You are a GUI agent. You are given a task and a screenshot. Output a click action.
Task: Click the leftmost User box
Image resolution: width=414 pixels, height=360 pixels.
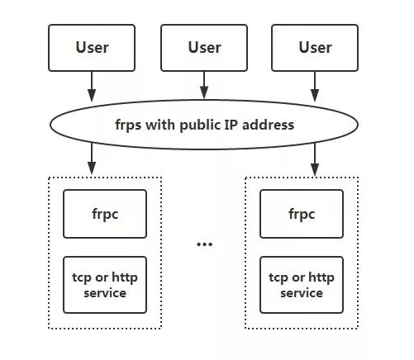point(92,48)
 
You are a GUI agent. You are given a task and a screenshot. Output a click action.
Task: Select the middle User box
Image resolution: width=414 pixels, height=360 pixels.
point(204,48)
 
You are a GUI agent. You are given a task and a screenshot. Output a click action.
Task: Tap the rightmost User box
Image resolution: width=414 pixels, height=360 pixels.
point(315,48)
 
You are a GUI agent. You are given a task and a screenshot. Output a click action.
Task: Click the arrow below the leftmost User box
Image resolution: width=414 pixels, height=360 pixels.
point(92,87)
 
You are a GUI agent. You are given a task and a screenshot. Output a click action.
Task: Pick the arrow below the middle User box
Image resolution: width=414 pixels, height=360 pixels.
point(204,85)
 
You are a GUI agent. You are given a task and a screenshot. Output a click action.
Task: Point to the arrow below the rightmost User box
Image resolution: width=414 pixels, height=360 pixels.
point(315,87)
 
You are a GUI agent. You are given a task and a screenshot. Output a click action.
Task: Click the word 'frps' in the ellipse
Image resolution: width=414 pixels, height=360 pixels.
point(128,126)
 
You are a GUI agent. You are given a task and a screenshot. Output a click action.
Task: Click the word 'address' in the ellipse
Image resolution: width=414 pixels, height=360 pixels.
point(268,125)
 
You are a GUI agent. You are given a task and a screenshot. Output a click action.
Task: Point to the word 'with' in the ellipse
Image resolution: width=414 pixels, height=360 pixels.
point(160,125)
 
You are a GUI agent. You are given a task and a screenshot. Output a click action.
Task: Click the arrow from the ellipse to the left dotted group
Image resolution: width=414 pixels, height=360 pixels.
point(92,159)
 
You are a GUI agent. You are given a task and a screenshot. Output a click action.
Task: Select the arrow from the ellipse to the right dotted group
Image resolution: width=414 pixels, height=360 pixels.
point(315,159)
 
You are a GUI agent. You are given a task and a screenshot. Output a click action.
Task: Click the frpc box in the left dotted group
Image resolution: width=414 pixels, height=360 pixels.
point(105,214)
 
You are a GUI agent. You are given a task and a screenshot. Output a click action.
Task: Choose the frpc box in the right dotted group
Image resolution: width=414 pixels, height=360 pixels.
point(302,214)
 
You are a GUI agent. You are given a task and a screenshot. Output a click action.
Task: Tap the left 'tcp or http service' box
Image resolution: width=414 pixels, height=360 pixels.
point(105,285)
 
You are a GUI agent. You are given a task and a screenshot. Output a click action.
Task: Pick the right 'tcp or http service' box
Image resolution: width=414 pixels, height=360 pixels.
point(302,285)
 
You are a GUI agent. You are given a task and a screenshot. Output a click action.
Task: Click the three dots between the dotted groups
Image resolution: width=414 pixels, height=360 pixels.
point(205,244)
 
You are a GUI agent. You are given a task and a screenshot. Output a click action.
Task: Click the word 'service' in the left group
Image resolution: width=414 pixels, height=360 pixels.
point(105,293)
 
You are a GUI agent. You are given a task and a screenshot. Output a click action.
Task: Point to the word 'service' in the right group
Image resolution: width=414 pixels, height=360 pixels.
point(302,293)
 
